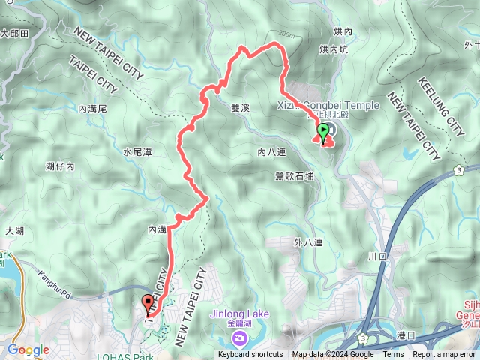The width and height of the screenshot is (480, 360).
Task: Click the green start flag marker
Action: [x=323, y=133]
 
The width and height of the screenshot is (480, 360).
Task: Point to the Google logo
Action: [x=28, y=350]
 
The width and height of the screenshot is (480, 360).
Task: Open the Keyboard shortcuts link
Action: [x=250, y=355]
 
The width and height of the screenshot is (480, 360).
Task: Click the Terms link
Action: [x=393, y=355]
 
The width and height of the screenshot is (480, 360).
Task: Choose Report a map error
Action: [x=444, y=355]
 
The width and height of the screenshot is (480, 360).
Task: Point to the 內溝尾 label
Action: [x=93, y=109]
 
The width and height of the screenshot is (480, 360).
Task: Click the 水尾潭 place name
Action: [x=138, y=152]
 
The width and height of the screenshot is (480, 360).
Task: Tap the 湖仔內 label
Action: [x=60, y=166]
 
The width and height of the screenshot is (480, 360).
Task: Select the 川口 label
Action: [x=376, y=256]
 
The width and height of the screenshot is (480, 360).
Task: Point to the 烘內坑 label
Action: [x=333, y=49]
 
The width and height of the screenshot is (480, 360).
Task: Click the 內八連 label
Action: [x=271, y=152]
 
